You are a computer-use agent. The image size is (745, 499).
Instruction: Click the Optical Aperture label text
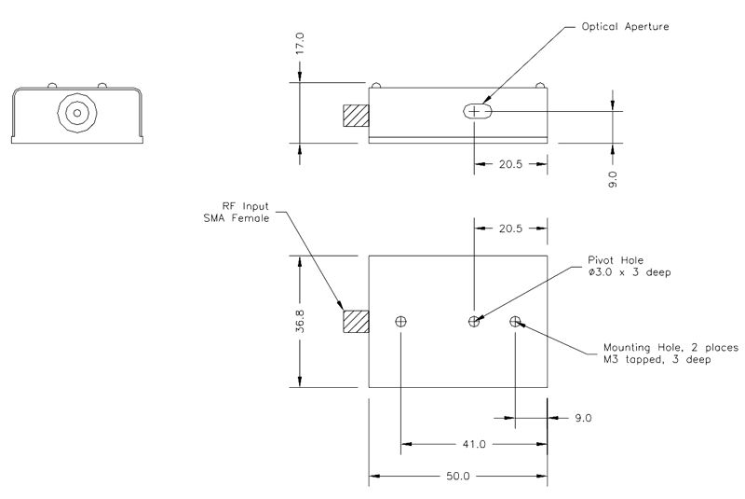(625, 26)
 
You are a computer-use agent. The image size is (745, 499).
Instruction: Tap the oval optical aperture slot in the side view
(477, 112)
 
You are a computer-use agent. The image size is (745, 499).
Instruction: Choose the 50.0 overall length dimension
(459, 476)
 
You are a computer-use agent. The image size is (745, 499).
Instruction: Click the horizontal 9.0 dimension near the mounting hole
(583, 417)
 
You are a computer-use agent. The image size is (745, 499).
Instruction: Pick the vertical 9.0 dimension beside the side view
(613, 177)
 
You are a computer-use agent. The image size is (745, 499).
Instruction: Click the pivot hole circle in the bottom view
(474, 322)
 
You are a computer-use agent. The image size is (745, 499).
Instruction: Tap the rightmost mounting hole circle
(515, 322)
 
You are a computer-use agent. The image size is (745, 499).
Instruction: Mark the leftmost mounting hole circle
(401, 322)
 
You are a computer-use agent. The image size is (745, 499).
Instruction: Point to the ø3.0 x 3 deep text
(630, 272)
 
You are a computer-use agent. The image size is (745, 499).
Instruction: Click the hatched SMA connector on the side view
(356, 116)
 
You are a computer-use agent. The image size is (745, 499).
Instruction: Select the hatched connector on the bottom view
(356, 322)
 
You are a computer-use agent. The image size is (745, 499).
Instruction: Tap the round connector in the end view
(75, 113)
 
